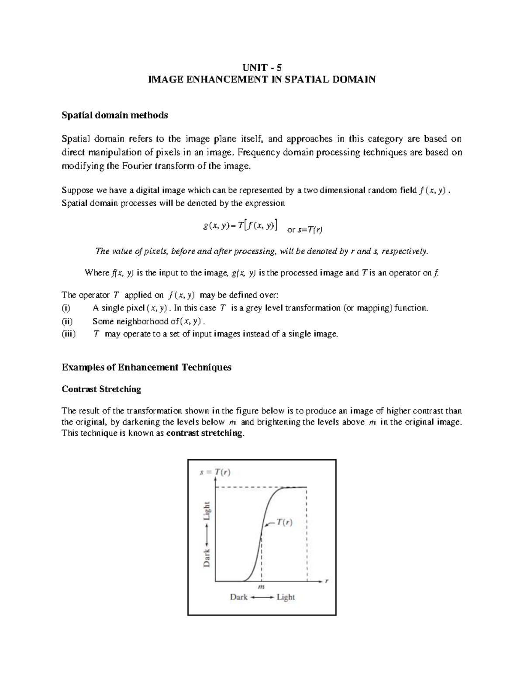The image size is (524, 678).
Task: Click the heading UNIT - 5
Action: [x=262, y=68]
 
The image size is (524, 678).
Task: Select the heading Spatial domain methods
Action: [x=115, y=115]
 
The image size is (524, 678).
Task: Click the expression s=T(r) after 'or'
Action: [x=310, y=230]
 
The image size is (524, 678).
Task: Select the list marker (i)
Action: [x=65, y=308]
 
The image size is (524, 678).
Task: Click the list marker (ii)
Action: [x=67, y=321]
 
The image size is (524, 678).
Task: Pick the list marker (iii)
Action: [x=68, y=334]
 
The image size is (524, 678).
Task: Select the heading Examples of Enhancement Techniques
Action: [x=146, y=367]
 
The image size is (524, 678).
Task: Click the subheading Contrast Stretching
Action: [x=101, y=389]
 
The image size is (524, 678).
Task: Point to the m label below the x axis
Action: [x=262, y=587]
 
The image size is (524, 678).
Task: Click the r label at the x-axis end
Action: [x=327, y=581]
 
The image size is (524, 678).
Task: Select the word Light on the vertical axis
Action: [x=207, y=510]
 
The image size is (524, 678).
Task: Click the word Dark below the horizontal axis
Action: [x=239, y=597]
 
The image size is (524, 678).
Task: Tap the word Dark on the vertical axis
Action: [x=207, y=558]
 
